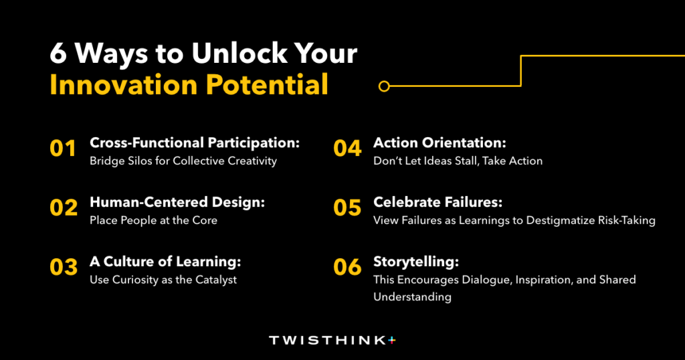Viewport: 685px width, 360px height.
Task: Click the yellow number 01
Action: pyautogui.click(x=63, y=149)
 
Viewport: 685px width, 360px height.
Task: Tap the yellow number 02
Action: pyautogui.click(x=64, y=207)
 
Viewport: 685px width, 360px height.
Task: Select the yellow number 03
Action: pyautogui.click(x=64, y=267)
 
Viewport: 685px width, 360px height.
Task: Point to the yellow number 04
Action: pyautogui.click(x=347, y=149)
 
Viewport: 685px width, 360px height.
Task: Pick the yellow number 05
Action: pyautogui.click(x=347, y=207)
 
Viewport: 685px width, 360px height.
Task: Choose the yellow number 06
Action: pyautogui.click(x=347, y=267)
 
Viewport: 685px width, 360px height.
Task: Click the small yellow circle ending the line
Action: pyautogui.click(x=384, y=86)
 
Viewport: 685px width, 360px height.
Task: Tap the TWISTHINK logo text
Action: pyautogui.click(x=328, y=341)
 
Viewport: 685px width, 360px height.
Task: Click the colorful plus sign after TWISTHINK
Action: pyautogui.click(x=392, y=340)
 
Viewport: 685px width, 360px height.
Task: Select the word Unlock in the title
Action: pyautogui.click(x=239, y=54)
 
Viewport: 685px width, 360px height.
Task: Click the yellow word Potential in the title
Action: pyautogui.click(x=267, y=85)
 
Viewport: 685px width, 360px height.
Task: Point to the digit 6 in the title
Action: pyautogui.click(x=58, y=54)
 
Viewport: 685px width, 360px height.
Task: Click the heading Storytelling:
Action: pyautogui.click(x=416, y=262)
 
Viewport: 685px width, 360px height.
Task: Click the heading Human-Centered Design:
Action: pyautogui.click(x=177, y=202)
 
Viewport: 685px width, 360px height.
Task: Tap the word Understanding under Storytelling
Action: pyautogui.click(x=412, y=297)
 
